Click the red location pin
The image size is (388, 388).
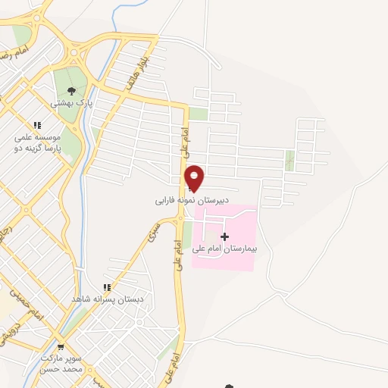[195, 178]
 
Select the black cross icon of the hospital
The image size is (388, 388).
[224, 237]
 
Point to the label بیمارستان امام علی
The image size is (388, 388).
[224, 248]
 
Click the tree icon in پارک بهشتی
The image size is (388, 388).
[72, 92]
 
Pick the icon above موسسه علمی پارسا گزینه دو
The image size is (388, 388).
[36, 126]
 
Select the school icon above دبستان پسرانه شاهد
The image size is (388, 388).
[107, 287]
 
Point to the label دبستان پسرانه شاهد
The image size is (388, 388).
[97, 299]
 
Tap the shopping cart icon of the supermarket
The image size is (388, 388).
[61, 347]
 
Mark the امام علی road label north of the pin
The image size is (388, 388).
[185, 145]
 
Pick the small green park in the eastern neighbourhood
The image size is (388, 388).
[289, 160]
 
